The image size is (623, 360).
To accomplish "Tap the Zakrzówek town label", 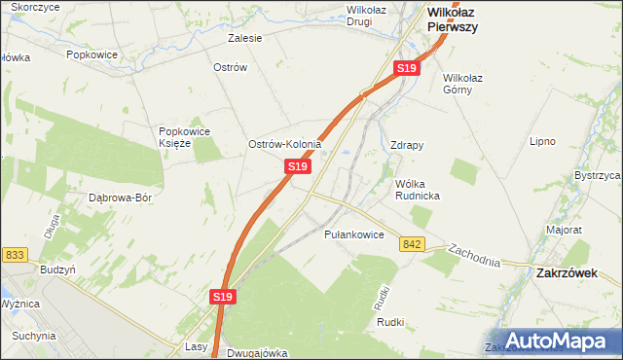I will tap(567, 274).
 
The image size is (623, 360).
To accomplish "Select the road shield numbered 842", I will tap(411, 243).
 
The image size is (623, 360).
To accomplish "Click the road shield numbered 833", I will tap(15, 255).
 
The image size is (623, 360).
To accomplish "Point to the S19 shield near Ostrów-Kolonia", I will tap(298, 167).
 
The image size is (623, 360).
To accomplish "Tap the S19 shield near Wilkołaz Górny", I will tap(407, 68).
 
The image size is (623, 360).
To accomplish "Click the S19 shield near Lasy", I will tap(223, 297).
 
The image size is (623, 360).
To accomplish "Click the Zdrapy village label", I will tap(406, 146).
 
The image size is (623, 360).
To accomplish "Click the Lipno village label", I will tap(542, 141).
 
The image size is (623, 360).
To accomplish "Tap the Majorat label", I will tap(564, 231).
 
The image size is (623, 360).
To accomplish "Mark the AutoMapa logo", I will tap(556, 342).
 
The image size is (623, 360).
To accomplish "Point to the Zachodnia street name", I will tap(474, 256).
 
